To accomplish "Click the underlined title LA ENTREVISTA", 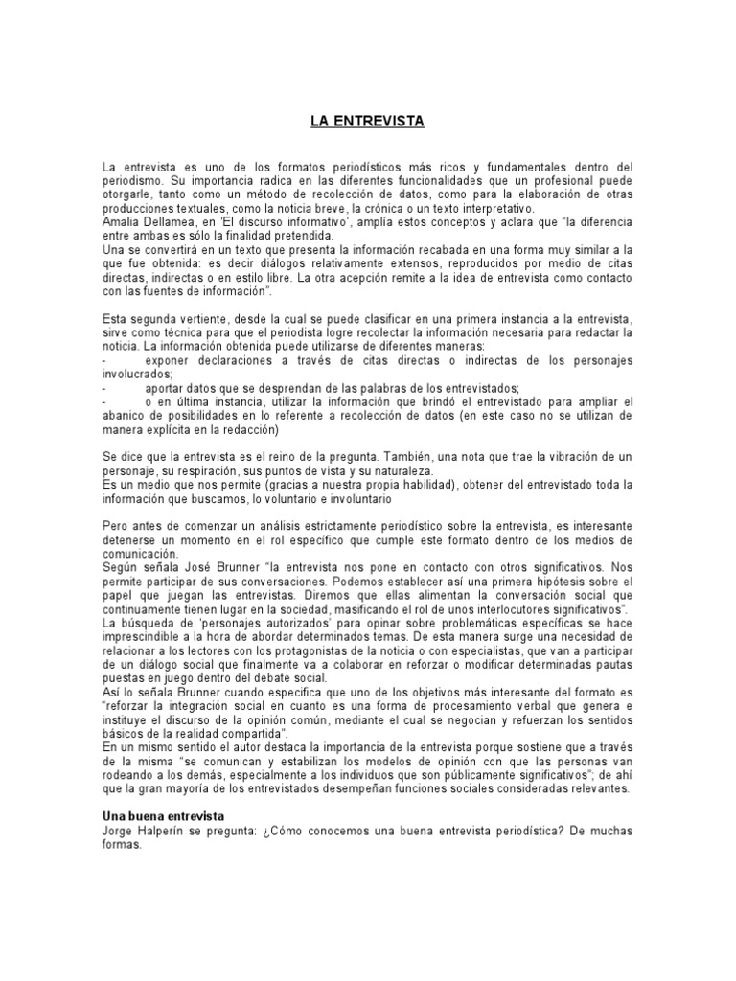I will pos(367,122).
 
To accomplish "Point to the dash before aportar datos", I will pos(104,389).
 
